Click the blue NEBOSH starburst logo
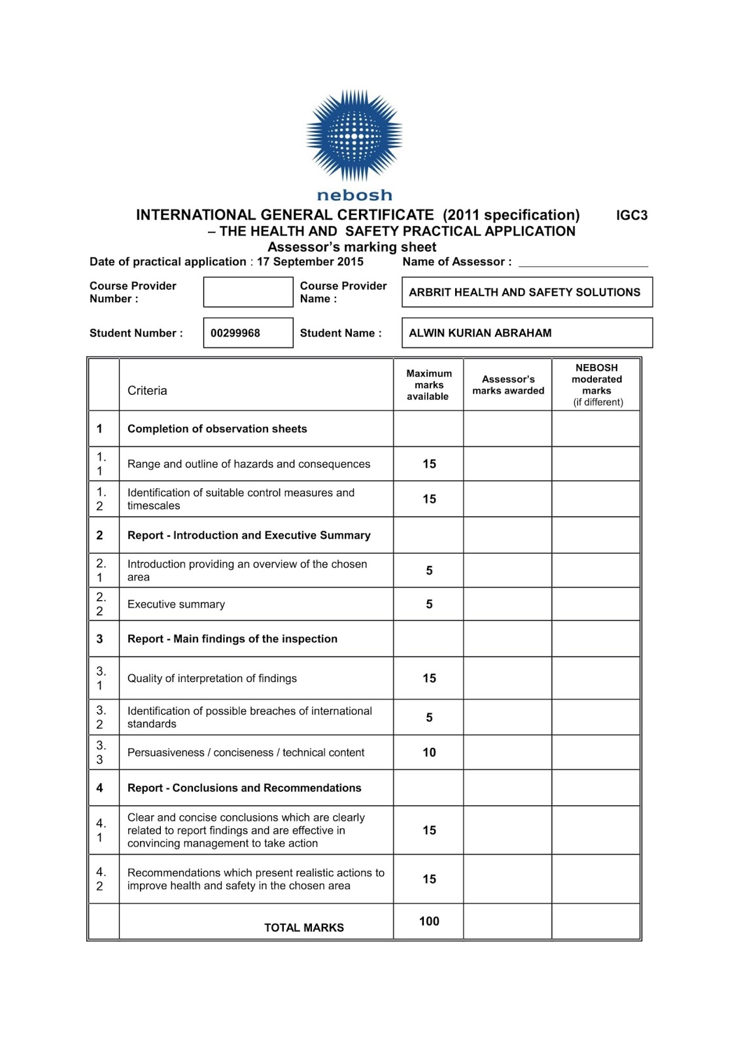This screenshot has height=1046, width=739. point(354,136)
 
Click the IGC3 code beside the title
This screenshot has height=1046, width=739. point(632,216)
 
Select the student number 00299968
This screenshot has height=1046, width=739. point(235,333)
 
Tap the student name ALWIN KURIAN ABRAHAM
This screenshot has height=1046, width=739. point(480,333)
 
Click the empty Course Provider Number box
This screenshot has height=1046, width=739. point(248,292)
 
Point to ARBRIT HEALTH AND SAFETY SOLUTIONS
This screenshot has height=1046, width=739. point(524,293)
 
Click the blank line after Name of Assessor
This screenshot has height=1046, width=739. point(583,263)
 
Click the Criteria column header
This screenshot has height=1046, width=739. point(147,391)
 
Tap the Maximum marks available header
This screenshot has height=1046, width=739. point(428,385)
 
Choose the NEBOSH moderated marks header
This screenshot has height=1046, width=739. point(596,385)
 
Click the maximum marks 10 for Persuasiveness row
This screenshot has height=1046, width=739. point(429,752)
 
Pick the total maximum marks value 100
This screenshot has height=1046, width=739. point(429,922)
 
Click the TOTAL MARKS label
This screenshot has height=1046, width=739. point(303,928)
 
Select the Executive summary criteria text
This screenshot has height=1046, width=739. point(176,605)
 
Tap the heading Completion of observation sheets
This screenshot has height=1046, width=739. point(217,430)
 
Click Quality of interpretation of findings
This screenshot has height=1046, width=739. point(212,679)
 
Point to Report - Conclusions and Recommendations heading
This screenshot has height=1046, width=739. point(244,788)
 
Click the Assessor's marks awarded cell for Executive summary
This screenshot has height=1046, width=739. point(507,605)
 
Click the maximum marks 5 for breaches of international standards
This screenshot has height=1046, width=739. point(429,718)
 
